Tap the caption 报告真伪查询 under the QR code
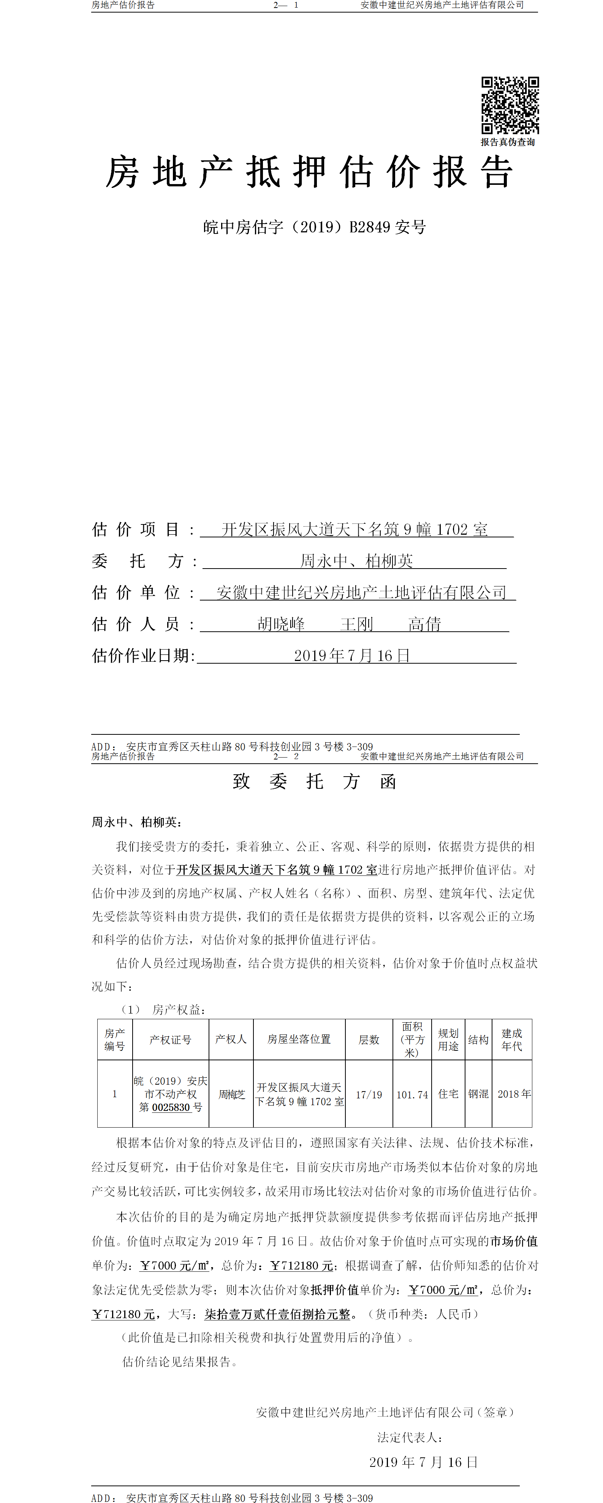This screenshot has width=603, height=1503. [507, 142]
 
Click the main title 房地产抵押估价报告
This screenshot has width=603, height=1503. [309, 172]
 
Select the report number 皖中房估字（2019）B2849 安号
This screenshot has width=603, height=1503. [314, 227]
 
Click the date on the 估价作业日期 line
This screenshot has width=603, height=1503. [351, 655]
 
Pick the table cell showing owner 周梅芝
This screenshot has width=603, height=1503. [231, 1094]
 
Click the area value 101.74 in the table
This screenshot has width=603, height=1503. [412, 1095]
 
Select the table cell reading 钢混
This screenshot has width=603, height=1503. [478, 1094]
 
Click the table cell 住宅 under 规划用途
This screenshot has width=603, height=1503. [448, 1094]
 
